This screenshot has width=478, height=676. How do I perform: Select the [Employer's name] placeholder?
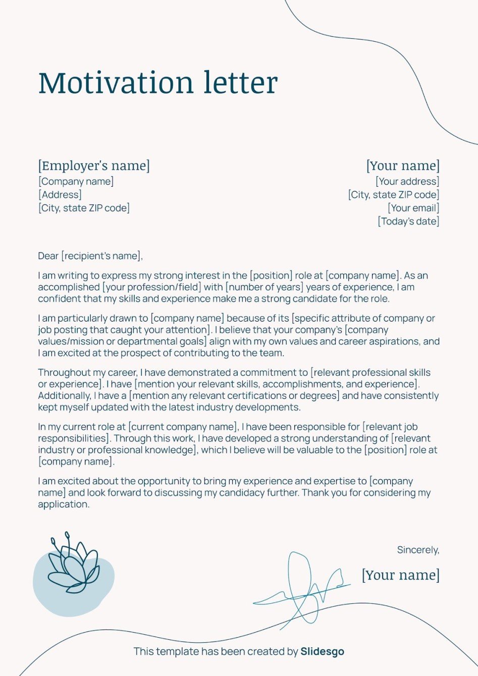(x=94, y=166)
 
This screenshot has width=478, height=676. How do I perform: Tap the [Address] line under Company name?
(x=60, y=194)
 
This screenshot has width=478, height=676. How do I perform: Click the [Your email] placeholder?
(x=413, y=207)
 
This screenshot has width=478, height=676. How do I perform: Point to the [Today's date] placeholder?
(x=408, y=221)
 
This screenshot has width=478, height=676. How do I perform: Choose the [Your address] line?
(x=407, y=181)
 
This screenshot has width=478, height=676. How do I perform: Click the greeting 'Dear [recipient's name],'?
(x=90, y=256)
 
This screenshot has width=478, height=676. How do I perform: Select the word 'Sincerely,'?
(x=418, y=550)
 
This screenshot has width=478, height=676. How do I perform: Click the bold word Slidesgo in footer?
(x=322, y=651)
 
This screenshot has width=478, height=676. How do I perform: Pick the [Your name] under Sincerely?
(x=400, y=575)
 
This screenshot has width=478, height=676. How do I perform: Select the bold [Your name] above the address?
(x=403, y=166)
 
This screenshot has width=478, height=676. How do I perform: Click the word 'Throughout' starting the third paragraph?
(x=62, y=373)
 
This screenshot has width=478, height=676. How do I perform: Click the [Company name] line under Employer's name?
(x=76, y=181)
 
